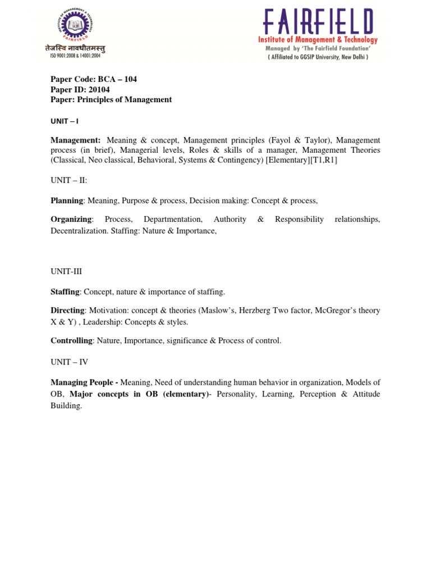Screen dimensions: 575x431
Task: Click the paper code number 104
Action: [129, 79]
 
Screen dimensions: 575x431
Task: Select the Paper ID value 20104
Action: [99, 89]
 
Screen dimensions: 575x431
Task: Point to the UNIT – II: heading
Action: [69, 180]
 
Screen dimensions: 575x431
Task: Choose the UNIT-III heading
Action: [66, 271]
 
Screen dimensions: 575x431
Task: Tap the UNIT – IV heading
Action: [69, 362]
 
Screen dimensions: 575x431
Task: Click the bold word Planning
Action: [67, 200]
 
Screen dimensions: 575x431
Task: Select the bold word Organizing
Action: [71, 220]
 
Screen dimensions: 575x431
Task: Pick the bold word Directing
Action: [67, 311]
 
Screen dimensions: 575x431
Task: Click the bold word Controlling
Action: [71, 341]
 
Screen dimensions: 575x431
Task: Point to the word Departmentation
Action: [172, 220]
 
